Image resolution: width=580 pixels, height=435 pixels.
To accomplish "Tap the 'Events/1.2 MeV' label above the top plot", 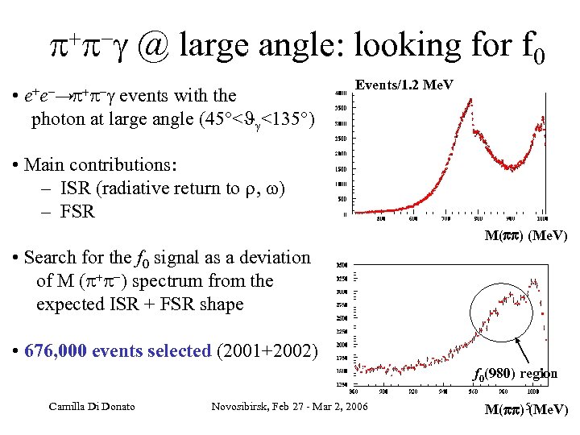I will tap(404, 85).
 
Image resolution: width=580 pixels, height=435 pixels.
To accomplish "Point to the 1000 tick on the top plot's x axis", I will tap(542, 218).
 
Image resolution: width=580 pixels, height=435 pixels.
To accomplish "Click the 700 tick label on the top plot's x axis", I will tap(447, 218).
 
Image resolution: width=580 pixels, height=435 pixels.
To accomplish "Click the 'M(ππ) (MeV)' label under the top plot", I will tap(526, 236).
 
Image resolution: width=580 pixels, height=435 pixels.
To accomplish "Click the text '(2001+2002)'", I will tap(269, 351).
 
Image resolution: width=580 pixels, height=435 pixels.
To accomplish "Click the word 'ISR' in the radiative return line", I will tap(75, 188).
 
